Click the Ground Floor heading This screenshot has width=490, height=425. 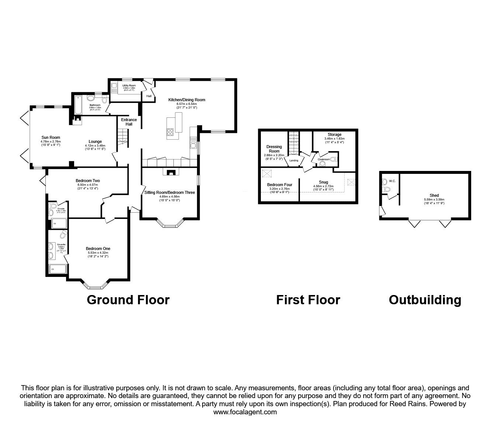[x=128, y=299]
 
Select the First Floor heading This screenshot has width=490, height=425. [x=308, y=299]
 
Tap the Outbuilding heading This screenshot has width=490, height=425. [x=425, y=299]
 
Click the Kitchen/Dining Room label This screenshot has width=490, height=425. [x=187, y=100]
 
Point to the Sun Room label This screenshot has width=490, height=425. [x=51, y=138]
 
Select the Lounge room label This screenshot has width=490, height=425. [x=95, y=141]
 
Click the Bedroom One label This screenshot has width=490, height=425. [x=98, y=249]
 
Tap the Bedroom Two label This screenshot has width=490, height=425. [x=88, y=181]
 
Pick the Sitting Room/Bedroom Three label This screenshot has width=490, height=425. [x=169, y=192]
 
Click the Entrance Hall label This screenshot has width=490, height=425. [x=129, y=122]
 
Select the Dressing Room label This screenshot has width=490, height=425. [x=274, y=149]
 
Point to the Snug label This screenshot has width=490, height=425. [x=323, y=182]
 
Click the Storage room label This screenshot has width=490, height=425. [x=334, y=134]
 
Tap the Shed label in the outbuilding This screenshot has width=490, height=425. [x=434, y=195]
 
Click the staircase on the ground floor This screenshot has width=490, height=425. [x=122, y=138]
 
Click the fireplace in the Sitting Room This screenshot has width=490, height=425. [x=170, y=172]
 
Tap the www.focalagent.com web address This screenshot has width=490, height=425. [x=245, y=412]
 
